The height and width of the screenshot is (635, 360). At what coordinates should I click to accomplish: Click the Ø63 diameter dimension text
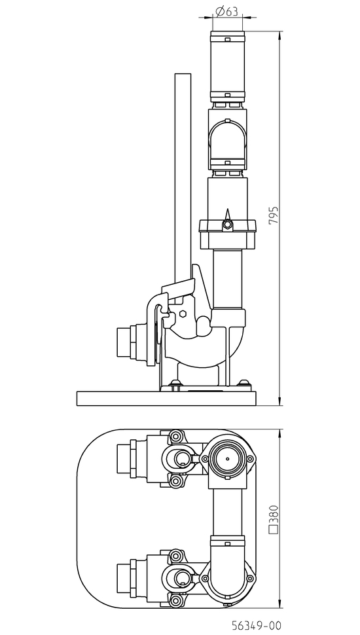point(226,12)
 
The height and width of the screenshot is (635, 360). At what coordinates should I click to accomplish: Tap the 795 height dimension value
point(274,215)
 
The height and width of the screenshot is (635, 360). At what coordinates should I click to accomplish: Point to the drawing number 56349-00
point(256,625)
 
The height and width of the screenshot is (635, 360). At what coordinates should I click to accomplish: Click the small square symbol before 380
point(274,528)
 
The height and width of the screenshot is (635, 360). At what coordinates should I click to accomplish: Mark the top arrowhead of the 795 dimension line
point(280,35)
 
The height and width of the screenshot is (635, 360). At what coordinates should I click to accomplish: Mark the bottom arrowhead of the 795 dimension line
point(280,401)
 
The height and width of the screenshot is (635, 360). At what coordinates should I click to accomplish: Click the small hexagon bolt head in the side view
point(183,314)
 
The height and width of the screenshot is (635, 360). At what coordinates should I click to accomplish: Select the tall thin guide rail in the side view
point(183,178)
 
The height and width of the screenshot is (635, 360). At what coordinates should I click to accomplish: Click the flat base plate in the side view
point(167,399)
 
